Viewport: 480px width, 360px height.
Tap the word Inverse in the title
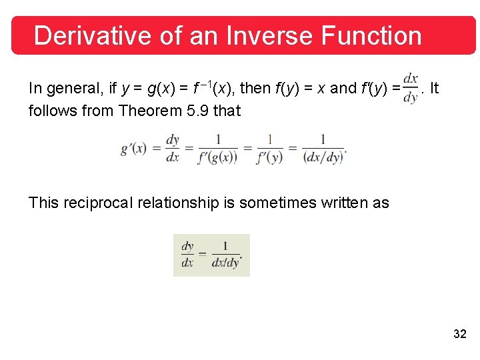click(x=259, y=35)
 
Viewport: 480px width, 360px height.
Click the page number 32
click(x=459, y=334)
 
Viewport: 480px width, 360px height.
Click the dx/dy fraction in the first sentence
click(x=411, y=89)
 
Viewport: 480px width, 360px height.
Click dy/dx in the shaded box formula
click(x=188, y=255)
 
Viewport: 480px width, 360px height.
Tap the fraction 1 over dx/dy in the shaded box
click(x=225, y=255)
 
